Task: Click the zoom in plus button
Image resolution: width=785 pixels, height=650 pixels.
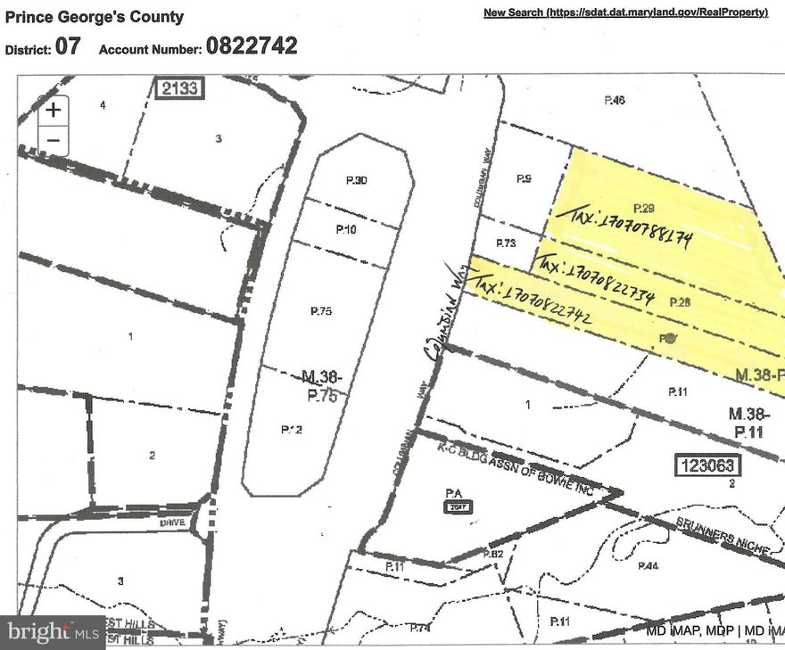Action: [54, 110]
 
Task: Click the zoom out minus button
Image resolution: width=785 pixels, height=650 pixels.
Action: [54, 140]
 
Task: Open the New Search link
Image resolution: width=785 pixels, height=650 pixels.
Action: [626, 12]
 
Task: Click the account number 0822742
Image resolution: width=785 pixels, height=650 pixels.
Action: [252, 46]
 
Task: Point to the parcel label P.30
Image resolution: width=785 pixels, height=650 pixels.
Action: [357, 181]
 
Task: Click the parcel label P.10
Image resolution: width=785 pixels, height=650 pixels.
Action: [346, 229]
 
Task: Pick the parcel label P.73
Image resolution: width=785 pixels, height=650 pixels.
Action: [506, 243]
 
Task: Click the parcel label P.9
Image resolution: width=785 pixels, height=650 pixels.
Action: [524, 179]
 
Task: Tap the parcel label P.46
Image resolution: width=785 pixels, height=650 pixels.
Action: [615, 101]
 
